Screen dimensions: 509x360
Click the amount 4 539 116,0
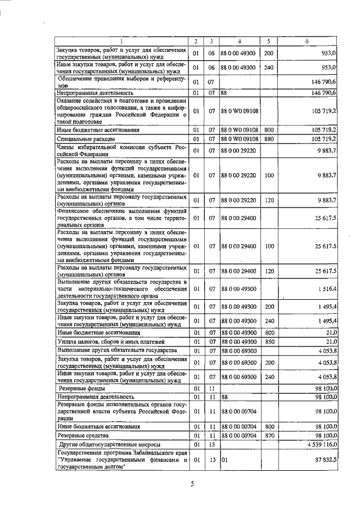pyautogui.click(x=318, y=444)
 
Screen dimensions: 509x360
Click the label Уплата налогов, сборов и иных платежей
pyautogui.click(x=111, y=341)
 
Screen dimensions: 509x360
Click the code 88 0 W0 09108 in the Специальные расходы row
pyautogui.click(x=240, y=138)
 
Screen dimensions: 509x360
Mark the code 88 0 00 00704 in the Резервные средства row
pyautogui.click(x=240, y=435)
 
